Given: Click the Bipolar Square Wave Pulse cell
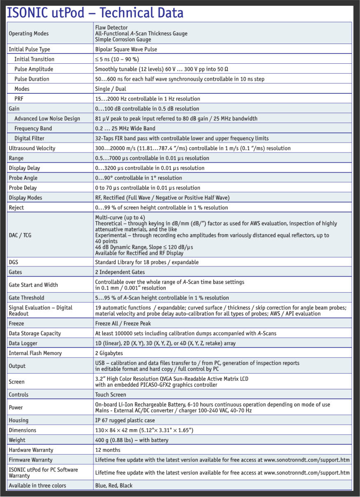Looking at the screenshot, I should click(x=126, y=49).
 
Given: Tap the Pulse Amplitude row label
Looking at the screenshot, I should click(x=34, y=69).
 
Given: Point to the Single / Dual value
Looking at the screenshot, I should click(x=110, y=89).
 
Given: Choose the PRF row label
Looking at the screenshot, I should click(x=19, y=99).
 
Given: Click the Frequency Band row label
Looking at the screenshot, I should click(x=33, y=128).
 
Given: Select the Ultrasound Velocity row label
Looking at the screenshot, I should click(x=32, y=148).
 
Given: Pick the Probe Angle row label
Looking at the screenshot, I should click(x=23, y=178).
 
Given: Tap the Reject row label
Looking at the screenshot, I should click(x=16, y=208).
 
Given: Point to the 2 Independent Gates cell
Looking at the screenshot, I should click(x=120, y=272).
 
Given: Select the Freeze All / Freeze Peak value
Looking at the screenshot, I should click(x=123, y=324).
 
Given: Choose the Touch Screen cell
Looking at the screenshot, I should click(x=111, y=395).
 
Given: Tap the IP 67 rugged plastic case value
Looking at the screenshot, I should click(x=125, y=420).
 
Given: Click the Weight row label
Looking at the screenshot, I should click(x=17, y=440).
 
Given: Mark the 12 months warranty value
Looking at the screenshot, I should click(x=108, y=450).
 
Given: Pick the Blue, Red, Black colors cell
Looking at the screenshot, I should click(x=114, y=485).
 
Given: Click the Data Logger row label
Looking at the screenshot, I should click(x=23, y=343).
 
